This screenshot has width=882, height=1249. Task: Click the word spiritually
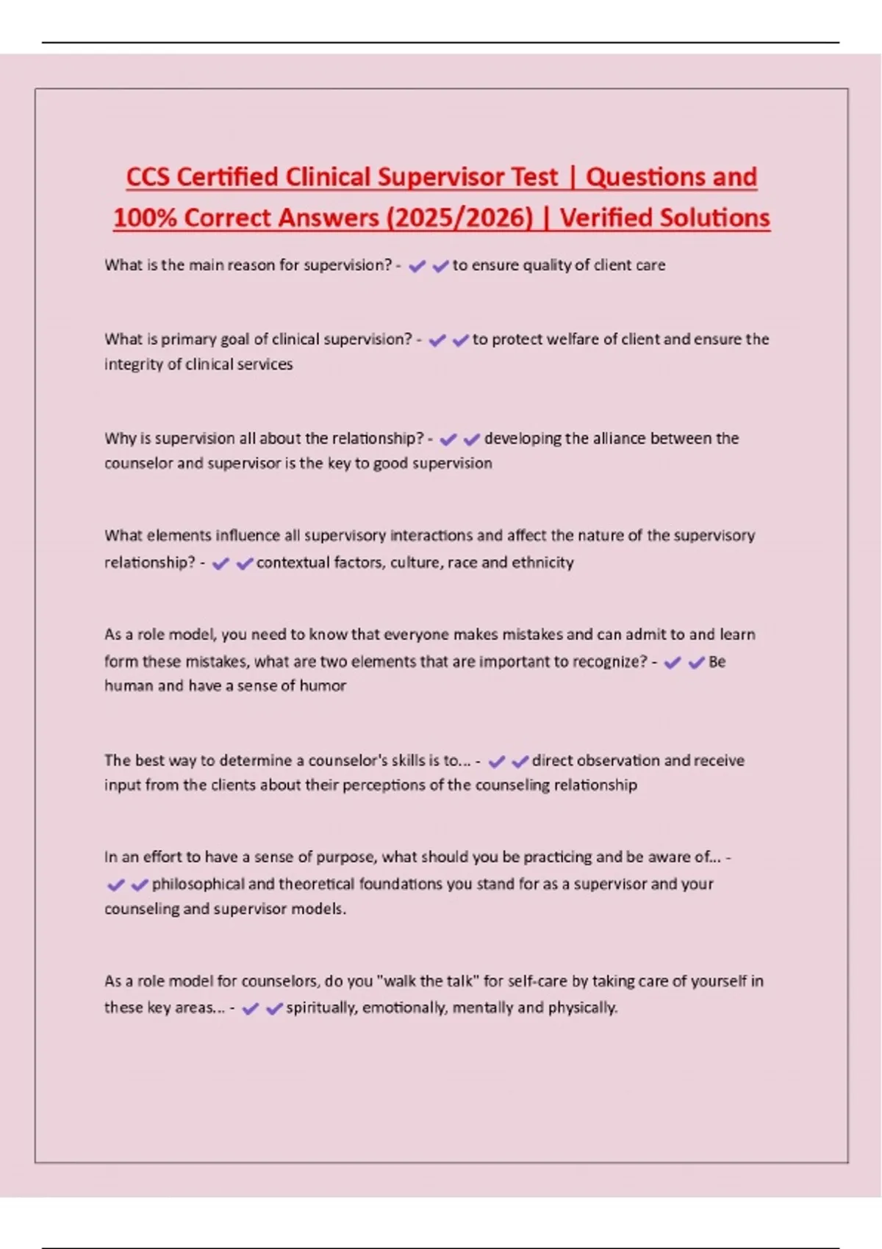[x=320, y=1008]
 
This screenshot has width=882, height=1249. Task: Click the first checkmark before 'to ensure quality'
[x=417, y=266]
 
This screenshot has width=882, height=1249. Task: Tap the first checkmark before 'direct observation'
[x=497, y=761]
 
